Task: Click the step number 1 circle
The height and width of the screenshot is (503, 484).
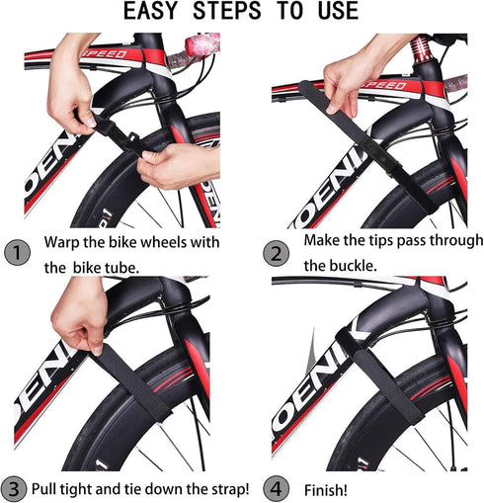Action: coord(20,253)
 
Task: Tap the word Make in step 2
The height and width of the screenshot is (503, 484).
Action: coord(324,241)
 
